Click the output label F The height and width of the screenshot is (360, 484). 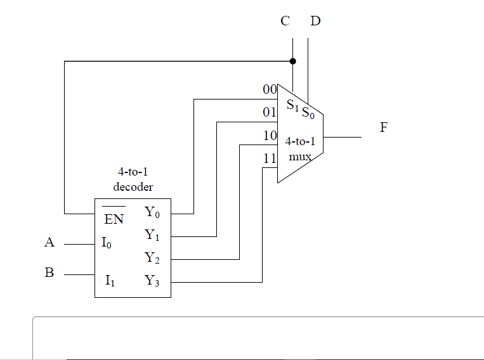[383, 127]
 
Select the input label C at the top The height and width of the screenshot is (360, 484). [285, 21]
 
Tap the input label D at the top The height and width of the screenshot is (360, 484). [315, 21]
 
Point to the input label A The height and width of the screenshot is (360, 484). [49, 242]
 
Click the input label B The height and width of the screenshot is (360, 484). [49, 273]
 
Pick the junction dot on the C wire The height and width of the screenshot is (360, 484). [292, 61]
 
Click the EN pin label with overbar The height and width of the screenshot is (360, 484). [114, 219]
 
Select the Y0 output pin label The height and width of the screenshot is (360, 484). [152, 212]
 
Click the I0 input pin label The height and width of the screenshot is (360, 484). [107, 243]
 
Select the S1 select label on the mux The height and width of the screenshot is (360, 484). [292, 105]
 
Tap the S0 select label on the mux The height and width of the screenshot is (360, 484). [308, 113]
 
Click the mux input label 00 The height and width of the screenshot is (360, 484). [270, 90]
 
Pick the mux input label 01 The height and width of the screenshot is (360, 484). [270, 113]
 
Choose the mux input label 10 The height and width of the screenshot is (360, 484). [270, 136]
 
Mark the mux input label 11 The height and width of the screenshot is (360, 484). [270, 158]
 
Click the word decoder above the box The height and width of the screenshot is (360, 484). [133, 187]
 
